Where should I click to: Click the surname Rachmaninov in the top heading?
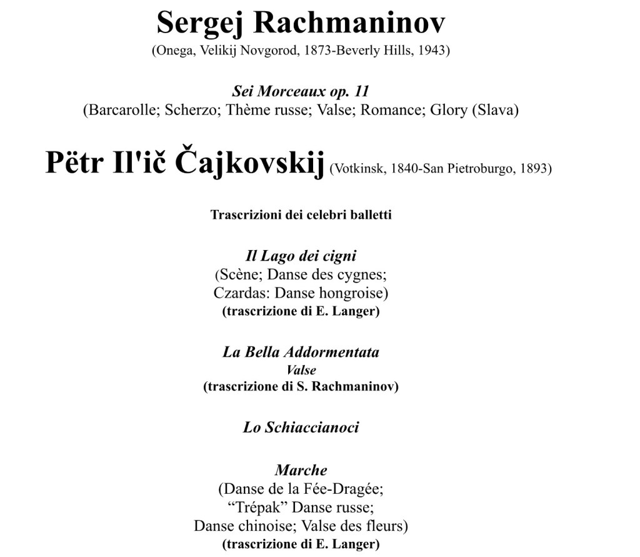click(350, 23)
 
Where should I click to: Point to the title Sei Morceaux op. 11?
click(300, 91)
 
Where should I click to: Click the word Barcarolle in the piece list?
click(122, 110)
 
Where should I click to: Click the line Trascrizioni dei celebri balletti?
click(301, 215)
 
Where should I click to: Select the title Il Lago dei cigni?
click(301, 256)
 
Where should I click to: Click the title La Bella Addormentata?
click(301, 352)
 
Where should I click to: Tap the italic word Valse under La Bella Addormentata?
click(301, 370)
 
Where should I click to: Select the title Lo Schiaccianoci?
click(301, 428)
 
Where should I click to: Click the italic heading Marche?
click(301, 470)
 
